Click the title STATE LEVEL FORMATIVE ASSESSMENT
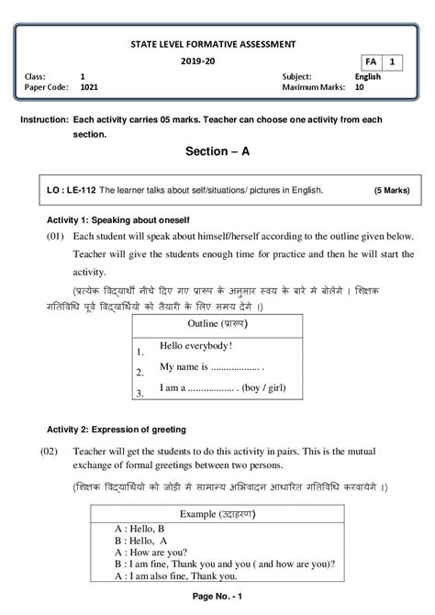[x=217, y=42]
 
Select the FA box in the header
[x=369, y=61]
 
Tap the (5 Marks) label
[x=394, y=191]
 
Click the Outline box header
[x=217, y=324]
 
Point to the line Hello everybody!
[x=195, y=346]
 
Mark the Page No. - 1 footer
[x=217, y=598]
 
